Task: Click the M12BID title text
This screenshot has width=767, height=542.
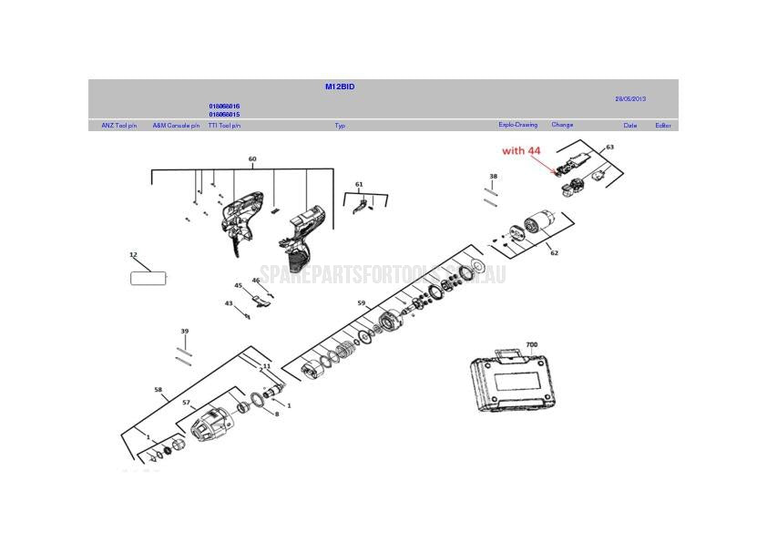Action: point(340,87)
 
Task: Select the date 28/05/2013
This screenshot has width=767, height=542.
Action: point(629,98)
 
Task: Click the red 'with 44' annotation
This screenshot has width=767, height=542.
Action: point(521,150)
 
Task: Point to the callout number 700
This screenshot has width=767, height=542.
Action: point(531,345)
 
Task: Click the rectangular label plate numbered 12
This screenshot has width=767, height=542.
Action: point(148,278)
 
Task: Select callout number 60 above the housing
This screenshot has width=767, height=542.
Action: point(252,159)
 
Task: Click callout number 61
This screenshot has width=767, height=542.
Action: point(359,185)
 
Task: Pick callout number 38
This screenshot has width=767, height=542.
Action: point(493,177)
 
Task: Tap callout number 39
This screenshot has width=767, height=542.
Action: point(185,332)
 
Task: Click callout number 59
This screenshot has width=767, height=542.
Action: point(362,303)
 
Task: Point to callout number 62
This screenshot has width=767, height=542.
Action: point(554,253)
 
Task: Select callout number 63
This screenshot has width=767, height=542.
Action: point(609,147)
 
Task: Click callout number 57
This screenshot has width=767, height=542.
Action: point(186,403)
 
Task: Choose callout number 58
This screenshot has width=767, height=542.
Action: point(159,390)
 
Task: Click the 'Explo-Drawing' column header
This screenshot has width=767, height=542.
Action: point(517,125)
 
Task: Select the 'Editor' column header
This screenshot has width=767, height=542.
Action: point(662,126)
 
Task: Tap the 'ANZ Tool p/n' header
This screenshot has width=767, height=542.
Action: point(118,126)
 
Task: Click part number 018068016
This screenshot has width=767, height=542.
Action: point(224,107)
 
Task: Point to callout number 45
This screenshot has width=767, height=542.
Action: point(239,286)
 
